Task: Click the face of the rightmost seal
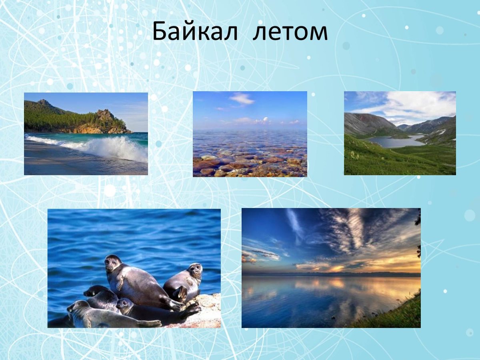(195, 270)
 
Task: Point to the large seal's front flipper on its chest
(120, 282)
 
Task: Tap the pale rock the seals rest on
(210, 308)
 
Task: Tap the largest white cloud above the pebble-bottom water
(242, 98)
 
